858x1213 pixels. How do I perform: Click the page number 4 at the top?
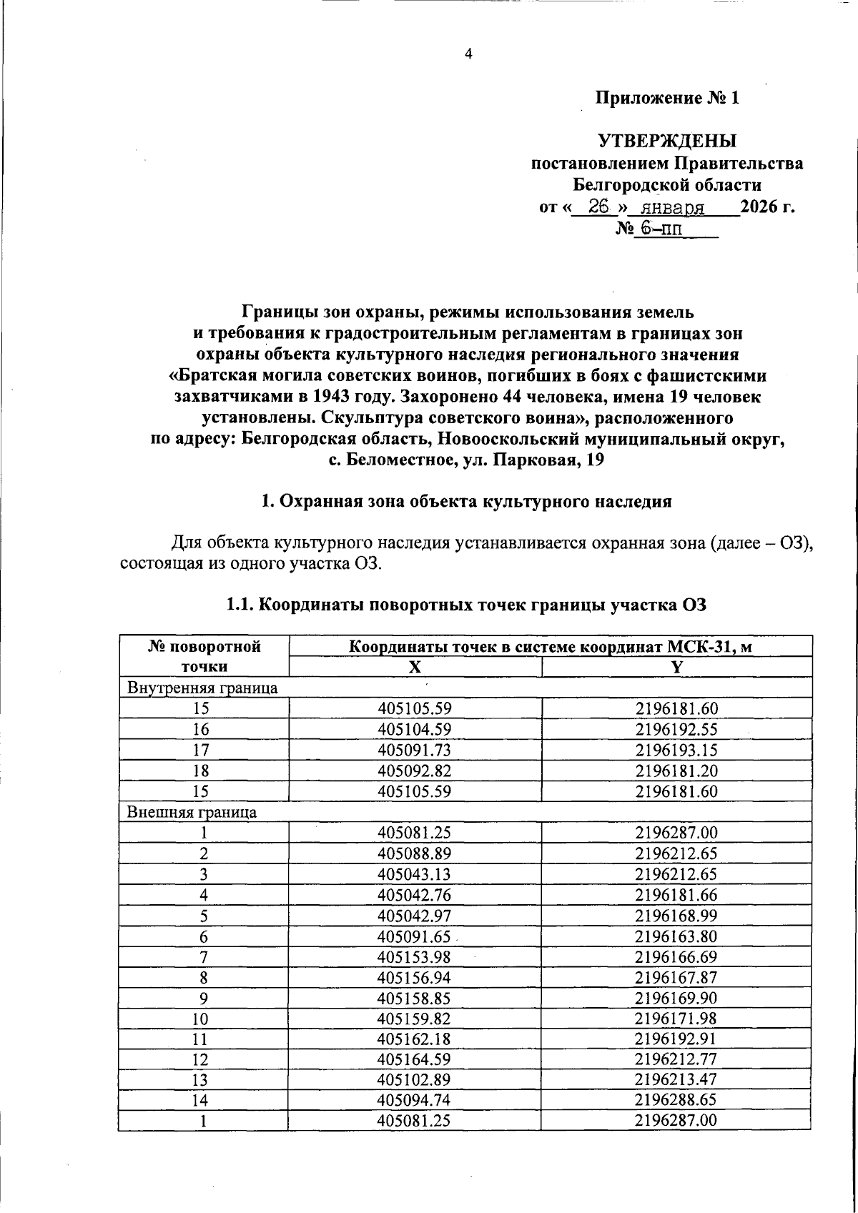coord(468,54)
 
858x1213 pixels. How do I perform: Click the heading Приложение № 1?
coord(667,98)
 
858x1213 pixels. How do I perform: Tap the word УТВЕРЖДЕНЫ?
coord(666,141)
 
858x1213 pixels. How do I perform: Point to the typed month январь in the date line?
coord(673,208)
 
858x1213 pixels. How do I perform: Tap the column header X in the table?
coord(415,667)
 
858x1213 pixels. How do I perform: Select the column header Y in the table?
coord(676,667)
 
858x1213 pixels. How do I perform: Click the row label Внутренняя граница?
coord(202,688)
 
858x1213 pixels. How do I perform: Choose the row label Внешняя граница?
coord(192,812)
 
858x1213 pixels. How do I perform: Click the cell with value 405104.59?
coord(415,729)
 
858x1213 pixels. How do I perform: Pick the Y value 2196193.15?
coord(676,750)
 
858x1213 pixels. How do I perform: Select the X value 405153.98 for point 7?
coord(415,957)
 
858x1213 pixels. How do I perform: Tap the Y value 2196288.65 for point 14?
coord(676,1099)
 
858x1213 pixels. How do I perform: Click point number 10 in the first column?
coord(204,1019)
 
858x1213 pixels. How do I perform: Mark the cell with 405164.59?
coord(415,1059)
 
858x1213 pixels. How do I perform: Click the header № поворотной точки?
coord(204,656)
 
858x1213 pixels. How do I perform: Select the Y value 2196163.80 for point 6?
coord(676,936)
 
